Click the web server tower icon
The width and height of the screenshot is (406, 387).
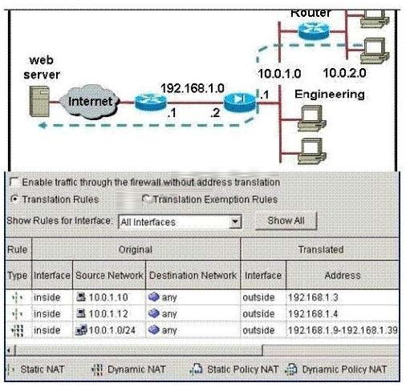(x=39, y=101)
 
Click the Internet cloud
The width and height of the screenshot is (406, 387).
(x=89, y=102)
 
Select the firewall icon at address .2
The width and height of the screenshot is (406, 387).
(x=240, y=102)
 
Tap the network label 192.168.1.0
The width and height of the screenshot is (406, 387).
(x=193, y=88)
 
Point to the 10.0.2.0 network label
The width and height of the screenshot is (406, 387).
(x=344, y=73)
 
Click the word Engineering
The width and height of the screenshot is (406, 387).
(x=330, y=95)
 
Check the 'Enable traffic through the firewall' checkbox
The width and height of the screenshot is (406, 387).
(x=14, y=182)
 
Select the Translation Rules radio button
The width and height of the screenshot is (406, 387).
(x=15, y=200)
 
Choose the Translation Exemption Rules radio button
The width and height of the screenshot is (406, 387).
(x=147, y=199)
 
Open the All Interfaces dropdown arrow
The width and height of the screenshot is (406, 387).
(x=235, y=222)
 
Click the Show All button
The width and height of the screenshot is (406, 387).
(x=286, y=220)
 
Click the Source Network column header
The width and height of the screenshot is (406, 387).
(x=109, y=275)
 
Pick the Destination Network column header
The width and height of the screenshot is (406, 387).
(x=193, y=275)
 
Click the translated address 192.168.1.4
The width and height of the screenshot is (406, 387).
(x=313, y=313)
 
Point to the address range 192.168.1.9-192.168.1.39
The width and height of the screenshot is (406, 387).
(x=343, y=330)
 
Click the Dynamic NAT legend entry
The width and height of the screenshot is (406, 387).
(x=128, y=369)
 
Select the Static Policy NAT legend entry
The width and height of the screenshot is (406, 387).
(x=234, y=369)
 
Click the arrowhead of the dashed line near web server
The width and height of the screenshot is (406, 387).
(x=43, y=125)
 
